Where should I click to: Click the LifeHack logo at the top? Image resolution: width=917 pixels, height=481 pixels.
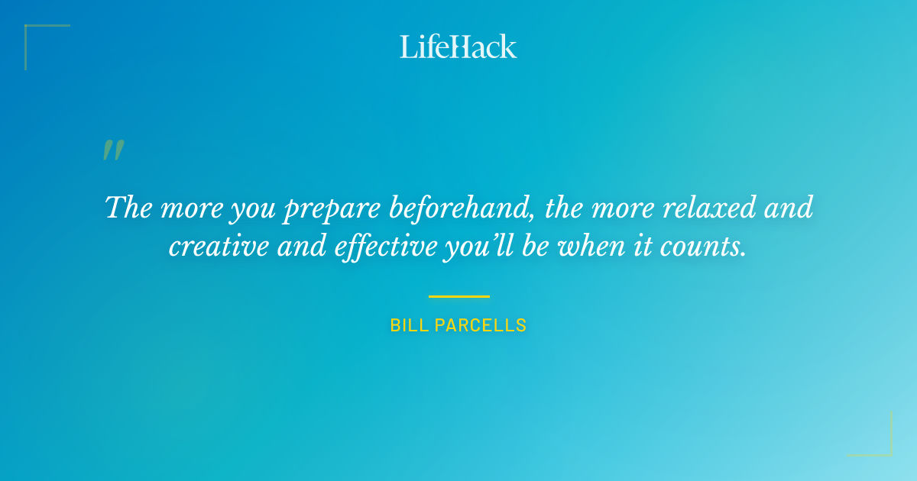(458, 47)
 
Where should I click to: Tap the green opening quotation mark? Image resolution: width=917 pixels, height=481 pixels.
(113, 150)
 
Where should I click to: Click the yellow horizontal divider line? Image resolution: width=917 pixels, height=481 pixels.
(458, 296)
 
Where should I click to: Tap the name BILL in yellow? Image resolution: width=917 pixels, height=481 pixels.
(409, 325)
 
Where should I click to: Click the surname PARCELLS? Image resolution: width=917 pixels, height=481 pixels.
(481, 325)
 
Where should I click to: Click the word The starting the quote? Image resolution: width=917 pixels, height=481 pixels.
(128, 207)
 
